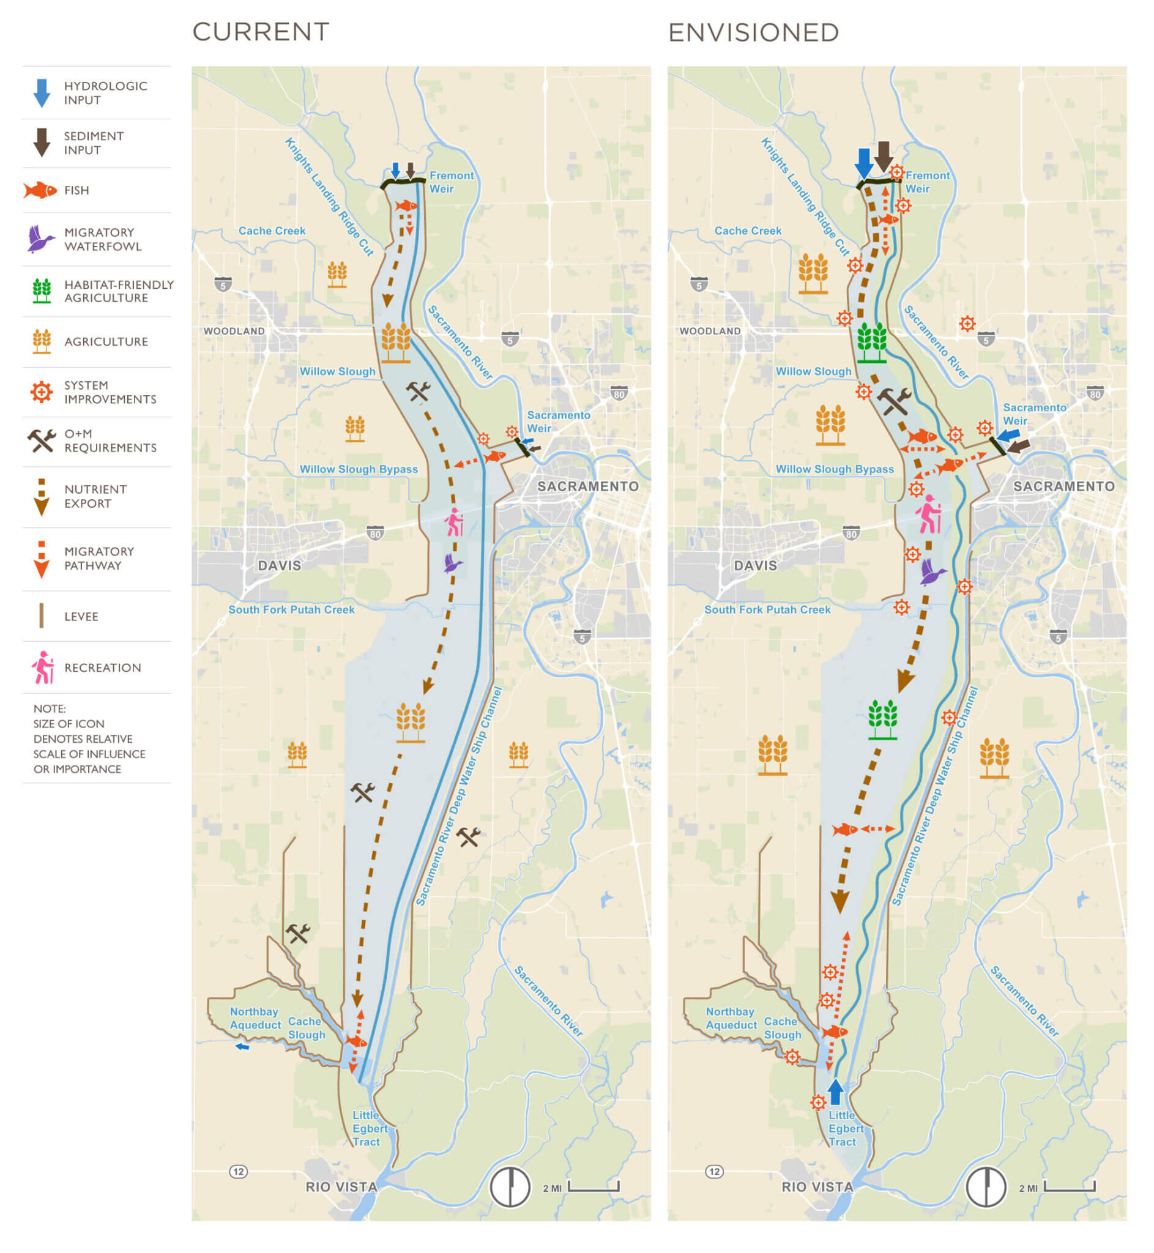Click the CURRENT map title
coord(261,32)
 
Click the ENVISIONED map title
coord(753,32)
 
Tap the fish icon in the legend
coord(40,190)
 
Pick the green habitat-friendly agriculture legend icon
coord(42,291)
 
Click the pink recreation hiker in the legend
coord(42,667)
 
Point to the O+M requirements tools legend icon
coord(41,441)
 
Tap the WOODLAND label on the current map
coord(234,331)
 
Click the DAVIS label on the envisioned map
coord(755,566)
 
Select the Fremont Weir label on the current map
coord(451,182)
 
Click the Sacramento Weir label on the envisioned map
coord(1033,414)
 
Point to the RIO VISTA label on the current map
coord(341,1187)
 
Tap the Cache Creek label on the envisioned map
coord(748,231)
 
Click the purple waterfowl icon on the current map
coord(453,563)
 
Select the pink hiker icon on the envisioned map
coord(929,515)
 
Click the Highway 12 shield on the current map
coord(238,1171)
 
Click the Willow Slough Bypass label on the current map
coord(359,469)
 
